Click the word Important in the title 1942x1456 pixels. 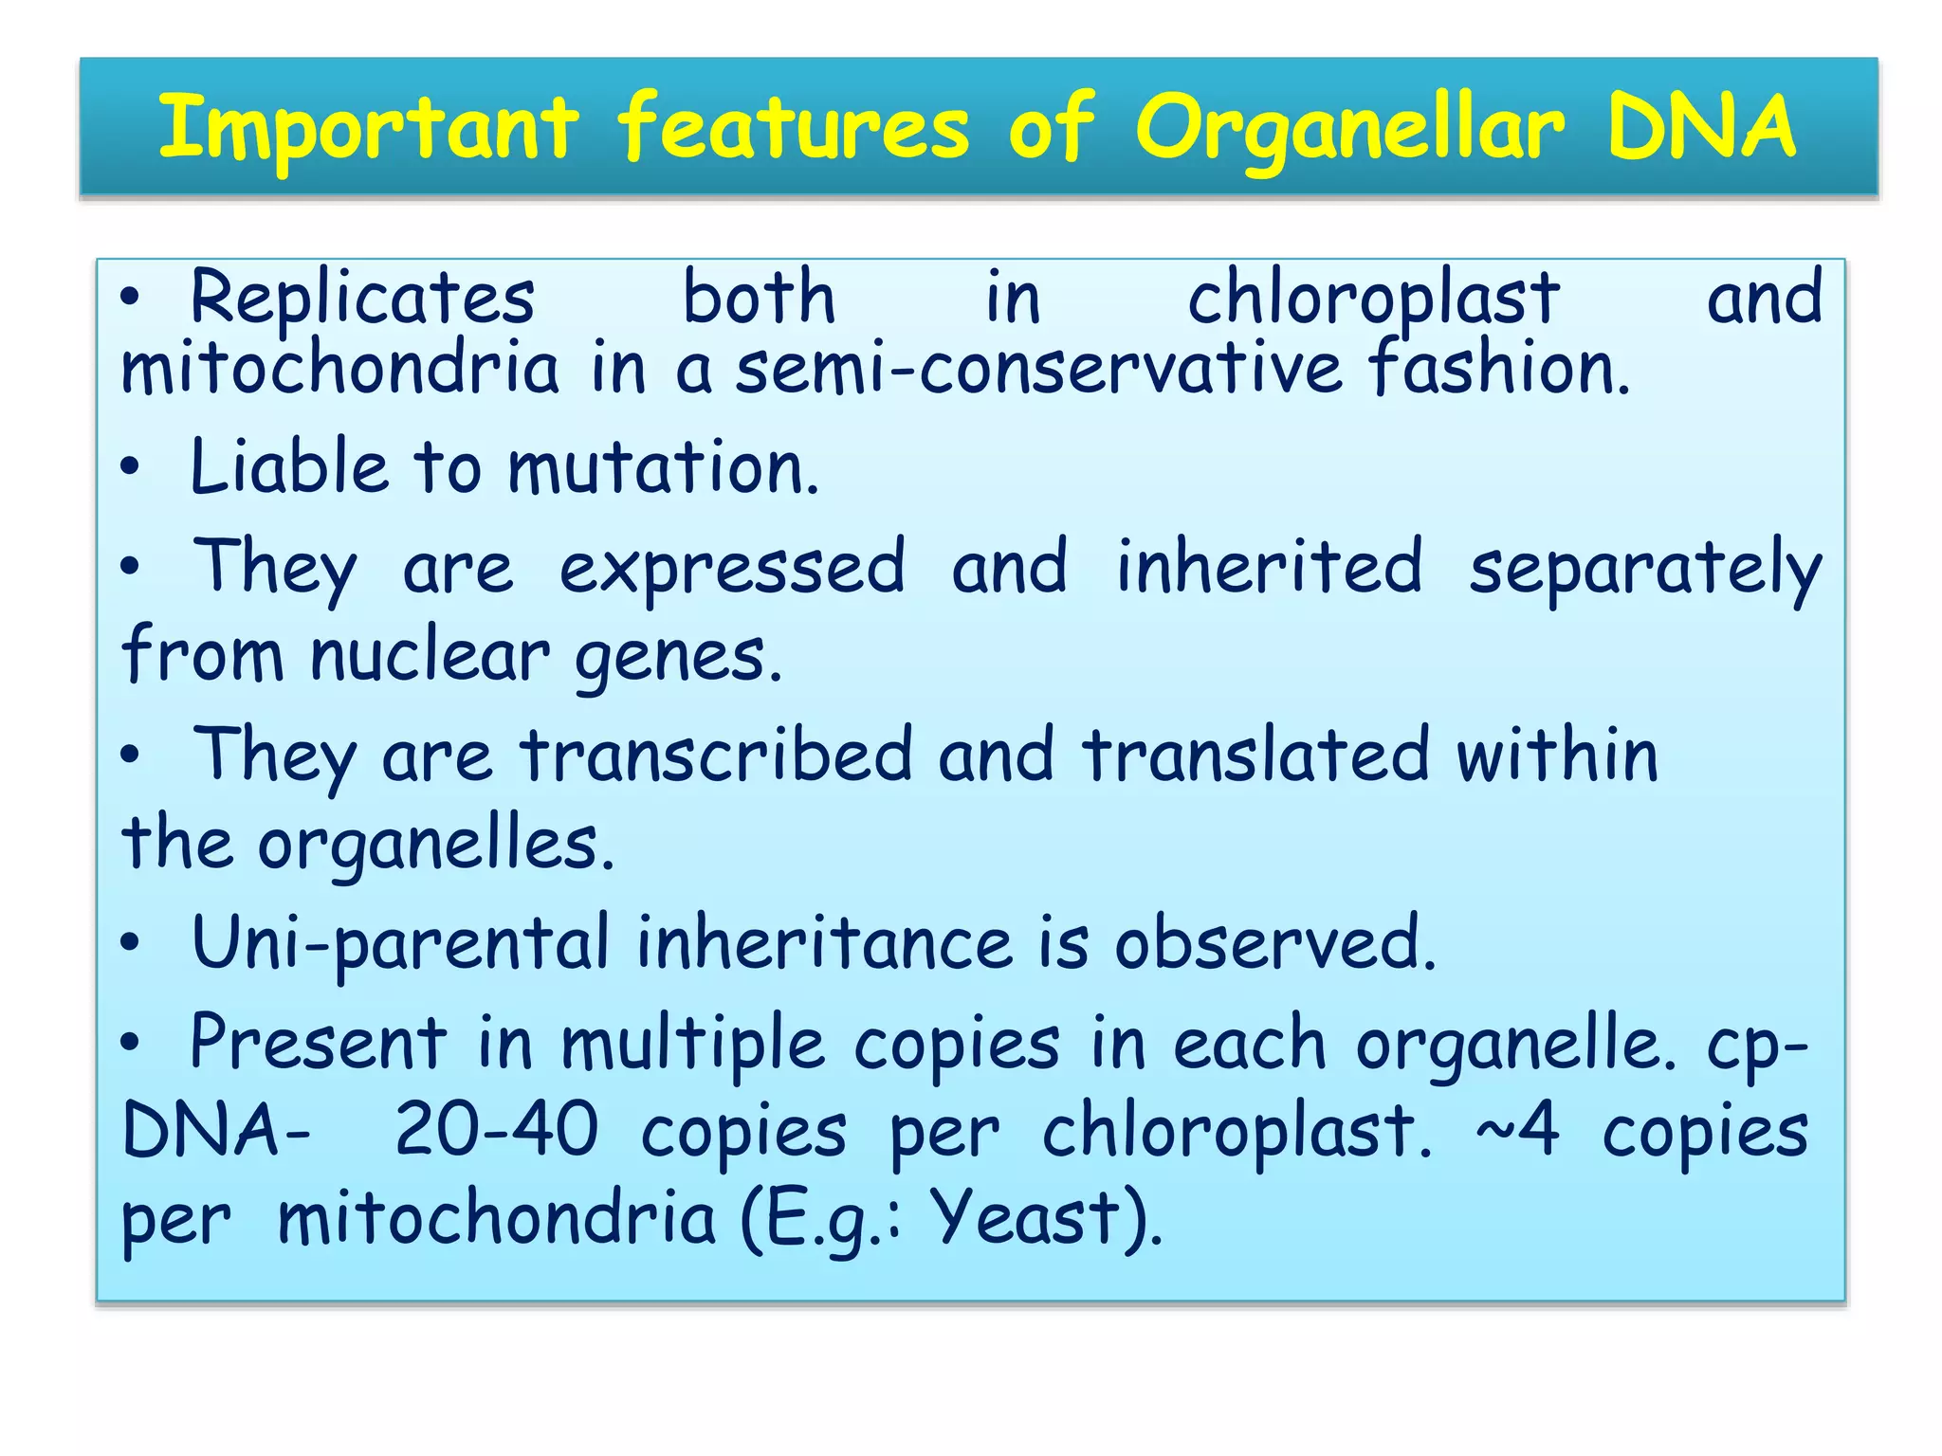[368, 128]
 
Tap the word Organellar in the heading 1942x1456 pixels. [1349, 128]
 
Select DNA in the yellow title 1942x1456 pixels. [1702, 128]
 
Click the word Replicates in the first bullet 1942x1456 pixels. [362, 299]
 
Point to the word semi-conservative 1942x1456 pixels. [1040, 369]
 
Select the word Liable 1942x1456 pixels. [289, 467]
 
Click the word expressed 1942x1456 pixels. [732, 568]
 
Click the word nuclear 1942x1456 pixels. [430, 656]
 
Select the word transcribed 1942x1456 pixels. [716, 755]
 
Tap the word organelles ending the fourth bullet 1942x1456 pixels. [436, 845]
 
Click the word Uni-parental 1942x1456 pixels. [400, 943]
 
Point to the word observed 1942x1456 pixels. [1274, 943]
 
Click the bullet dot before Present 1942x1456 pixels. [131, 1044]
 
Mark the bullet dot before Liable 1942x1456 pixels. [131, 467]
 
